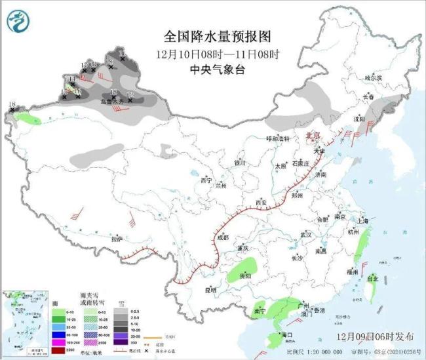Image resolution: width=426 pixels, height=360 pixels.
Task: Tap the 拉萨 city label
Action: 117,239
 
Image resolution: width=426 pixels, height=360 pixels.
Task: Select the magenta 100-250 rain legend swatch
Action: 58,343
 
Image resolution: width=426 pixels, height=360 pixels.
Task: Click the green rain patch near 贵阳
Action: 244,269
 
